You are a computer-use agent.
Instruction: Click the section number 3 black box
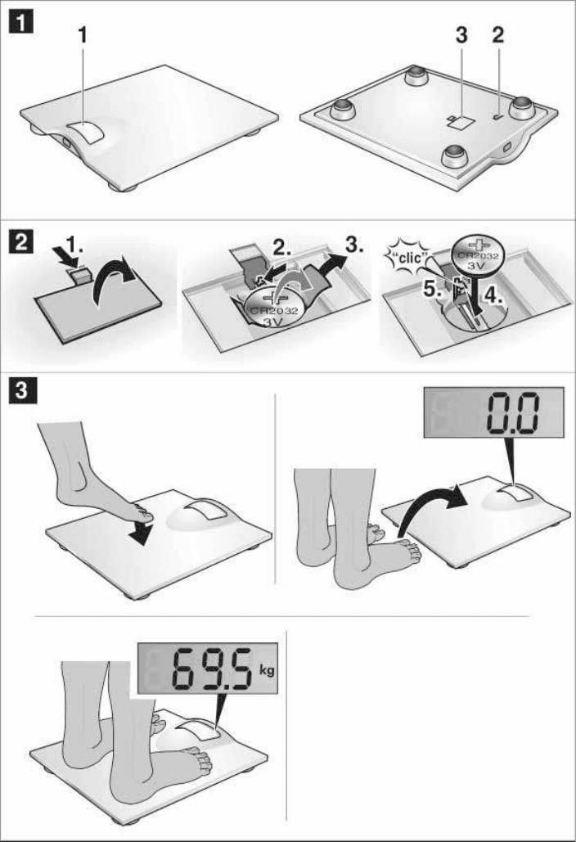[x=21, y=390]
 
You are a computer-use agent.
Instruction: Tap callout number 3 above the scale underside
[x=461, y=35]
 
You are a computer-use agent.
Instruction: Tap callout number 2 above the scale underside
[x=498, y=35]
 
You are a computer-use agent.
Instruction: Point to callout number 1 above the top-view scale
[x=82, y=35]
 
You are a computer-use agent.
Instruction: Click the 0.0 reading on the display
[x=511, y=412]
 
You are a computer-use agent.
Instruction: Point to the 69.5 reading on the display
[x=211, y=669]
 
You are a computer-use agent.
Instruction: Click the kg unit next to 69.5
[x=267, y=670]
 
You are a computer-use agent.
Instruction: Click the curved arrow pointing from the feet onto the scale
[x=432, y=507]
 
